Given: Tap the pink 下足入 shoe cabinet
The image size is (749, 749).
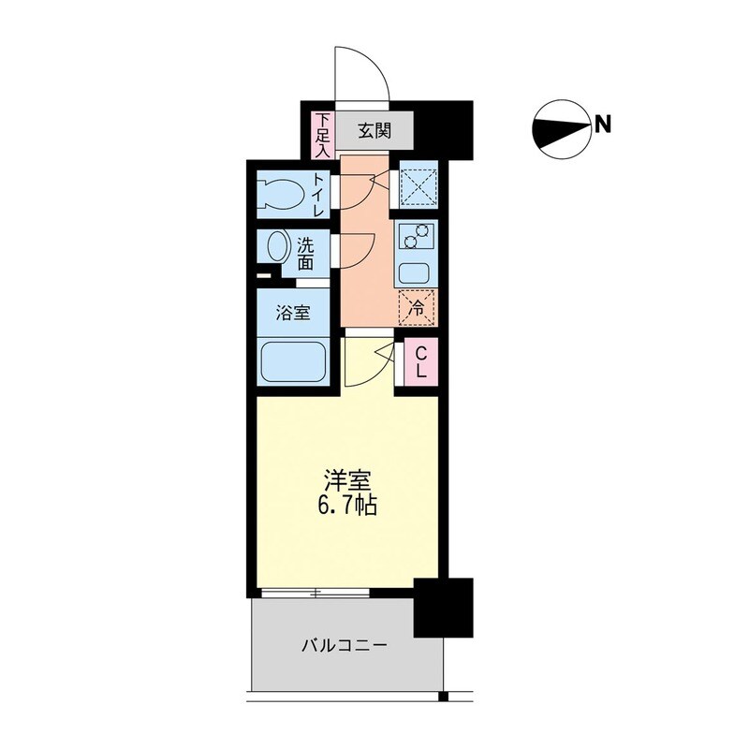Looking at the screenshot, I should point(322,135).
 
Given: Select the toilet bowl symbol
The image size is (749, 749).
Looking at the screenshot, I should point(282,194).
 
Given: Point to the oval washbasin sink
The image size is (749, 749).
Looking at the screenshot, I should point(278,248).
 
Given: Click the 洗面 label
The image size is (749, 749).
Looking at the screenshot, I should point(306,254).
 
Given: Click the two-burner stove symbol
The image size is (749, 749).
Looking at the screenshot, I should point(414,239).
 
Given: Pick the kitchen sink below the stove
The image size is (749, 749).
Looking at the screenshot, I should point(414,274).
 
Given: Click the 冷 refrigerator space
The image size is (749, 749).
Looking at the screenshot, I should point(416,305).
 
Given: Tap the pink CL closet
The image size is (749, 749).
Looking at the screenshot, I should point(421,361).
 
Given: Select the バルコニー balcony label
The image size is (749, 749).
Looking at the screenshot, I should point(345,645).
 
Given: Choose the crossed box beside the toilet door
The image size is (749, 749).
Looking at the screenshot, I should point(415,184).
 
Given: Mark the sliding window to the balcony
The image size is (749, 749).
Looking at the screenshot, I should point(316,592).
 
